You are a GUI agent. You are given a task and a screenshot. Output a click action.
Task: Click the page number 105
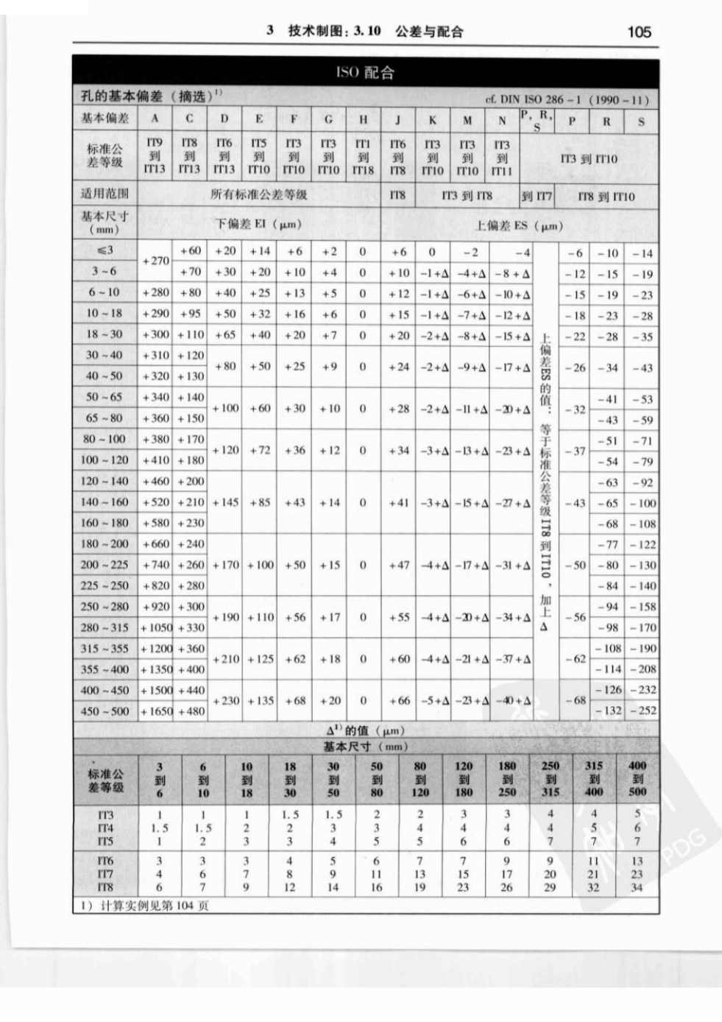click(638, 32)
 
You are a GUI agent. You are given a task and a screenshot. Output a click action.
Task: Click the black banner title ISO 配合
click(365, 72)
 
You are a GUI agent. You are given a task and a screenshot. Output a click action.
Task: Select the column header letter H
click(363, 119)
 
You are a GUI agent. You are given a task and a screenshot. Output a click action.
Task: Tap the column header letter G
click(328, 119)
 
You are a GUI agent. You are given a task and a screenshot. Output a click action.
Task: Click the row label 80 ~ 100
click(104, 440)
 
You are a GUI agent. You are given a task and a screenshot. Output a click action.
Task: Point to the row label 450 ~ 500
click(104, 711)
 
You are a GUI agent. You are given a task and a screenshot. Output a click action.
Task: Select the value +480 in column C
click(190, 711)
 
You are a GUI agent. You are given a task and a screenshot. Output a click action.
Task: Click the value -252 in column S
click(642, 711)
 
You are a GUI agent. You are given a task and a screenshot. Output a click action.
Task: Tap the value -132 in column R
click(607, 711)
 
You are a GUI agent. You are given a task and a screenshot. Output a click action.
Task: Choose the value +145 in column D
click(225, 503)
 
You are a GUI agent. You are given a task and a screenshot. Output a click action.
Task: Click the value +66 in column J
click(398, 701)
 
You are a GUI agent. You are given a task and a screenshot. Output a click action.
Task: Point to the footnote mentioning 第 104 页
click(144, 906)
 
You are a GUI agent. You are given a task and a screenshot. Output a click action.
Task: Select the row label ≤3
click(104, 251)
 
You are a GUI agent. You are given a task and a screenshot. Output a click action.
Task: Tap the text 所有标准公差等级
click(258, 195)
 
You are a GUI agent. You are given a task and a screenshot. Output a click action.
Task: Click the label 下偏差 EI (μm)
click(258, 224)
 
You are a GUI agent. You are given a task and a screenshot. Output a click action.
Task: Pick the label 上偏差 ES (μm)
click(518, 226)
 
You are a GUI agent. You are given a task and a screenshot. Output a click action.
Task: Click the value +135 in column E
click(260, 701)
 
